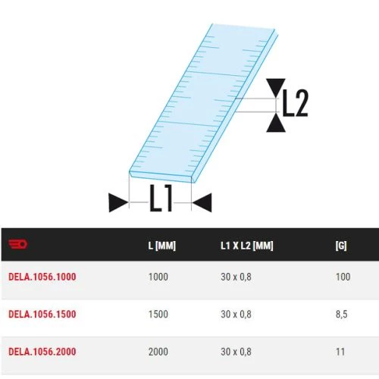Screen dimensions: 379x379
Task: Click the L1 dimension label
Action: coord(161,201)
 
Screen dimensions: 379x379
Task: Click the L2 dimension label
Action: coord(294,105)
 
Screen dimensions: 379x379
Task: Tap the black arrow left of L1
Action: coord(118,202)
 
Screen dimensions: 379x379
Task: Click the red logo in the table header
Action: coord(17,245)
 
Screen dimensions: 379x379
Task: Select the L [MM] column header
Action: coord(162,246)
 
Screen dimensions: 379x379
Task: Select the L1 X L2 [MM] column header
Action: coord(246,246)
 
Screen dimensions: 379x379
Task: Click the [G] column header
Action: coord(342,246)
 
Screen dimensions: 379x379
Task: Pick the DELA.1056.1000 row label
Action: coord(42,277)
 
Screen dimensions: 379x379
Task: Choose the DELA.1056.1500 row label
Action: coord(42,314)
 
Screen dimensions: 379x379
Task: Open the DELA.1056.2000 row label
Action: coord(42,351)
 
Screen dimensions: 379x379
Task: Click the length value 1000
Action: coord(158,277)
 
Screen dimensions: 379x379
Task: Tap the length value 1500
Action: coord(158,314)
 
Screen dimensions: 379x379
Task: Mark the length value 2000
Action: coord(158,351)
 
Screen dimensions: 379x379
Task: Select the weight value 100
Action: coord(343,277)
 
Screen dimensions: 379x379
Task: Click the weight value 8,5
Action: coord(342,314)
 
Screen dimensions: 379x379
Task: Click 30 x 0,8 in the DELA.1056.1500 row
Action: coord(236,314)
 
